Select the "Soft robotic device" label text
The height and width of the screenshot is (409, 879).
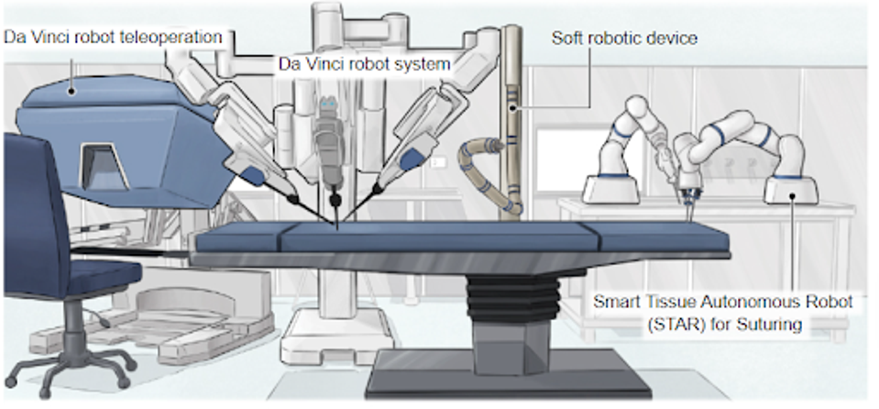(611, 39)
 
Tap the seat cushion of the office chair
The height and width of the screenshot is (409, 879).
(92, 275)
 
